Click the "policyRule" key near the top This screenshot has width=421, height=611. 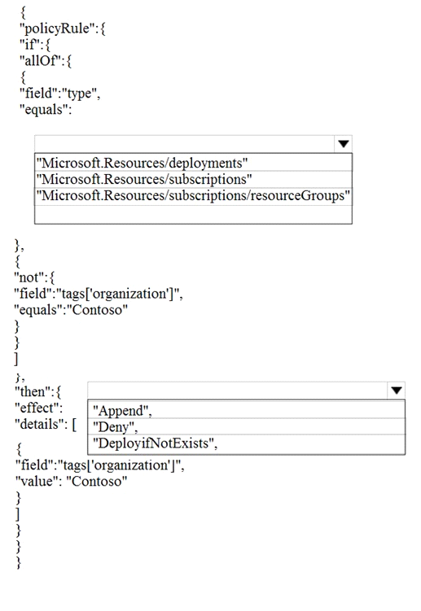56,28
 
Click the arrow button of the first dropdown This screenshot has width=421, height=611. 344,144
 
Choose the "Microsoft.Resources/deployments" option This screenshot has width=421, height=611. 142,163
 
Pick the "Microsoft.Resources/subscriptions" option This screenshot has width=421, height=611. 144,179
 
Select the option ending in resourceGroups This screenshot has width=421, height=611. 193,195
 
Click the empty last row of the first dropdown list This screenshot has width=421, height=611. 193,214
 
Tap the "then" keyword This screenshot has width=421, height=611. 33,391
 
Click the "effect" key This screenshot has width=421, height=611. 37,408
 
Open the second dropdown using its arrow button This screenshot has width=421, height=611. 397,391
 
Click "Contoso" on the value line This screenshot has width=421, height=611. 97,482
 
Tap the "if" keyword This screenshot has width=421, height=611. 30,45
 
